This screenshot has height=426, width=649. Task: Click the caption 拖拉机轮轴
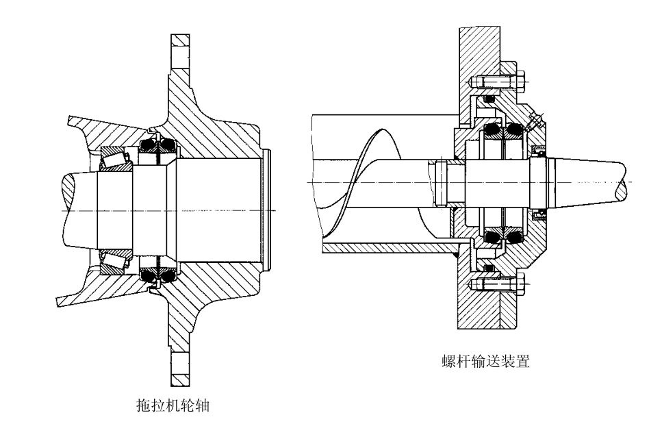click(173, 405)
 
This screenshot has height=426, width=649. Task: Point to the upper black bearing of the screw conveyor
click(504, 131)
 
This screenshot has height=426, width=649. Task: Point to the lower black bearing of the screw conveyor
click(504, 236)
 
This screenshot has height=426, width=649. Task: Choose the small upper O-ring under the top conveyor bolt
click(488, 101)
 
